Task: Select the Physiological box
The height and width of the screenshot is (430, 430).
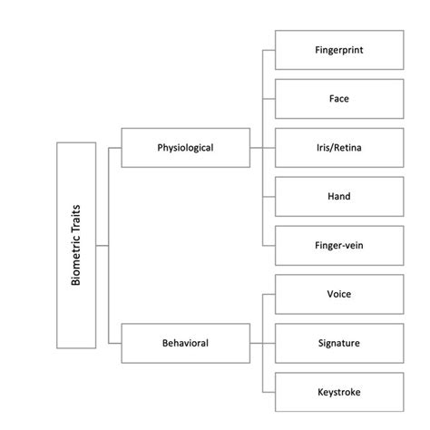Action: [x=185, y=147]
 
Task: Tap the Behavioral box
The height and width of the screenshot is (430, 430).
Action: [x=185, y=344]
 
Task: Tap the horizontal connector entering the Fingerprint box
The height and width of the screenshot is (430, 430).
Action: [x=269, y=50]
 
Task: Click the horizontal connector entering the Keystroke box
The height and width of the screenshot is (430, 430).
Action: [x=269, y=392]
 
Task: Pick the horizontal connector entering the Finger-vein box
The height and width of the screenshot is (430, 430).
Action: [x=269, y=245]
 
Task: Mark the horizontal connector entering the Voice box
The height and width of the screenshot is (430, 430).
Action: [x=269, y=295]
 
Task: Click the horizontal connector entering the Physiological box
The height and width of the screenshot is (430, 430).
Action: [x=114, y=147]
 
